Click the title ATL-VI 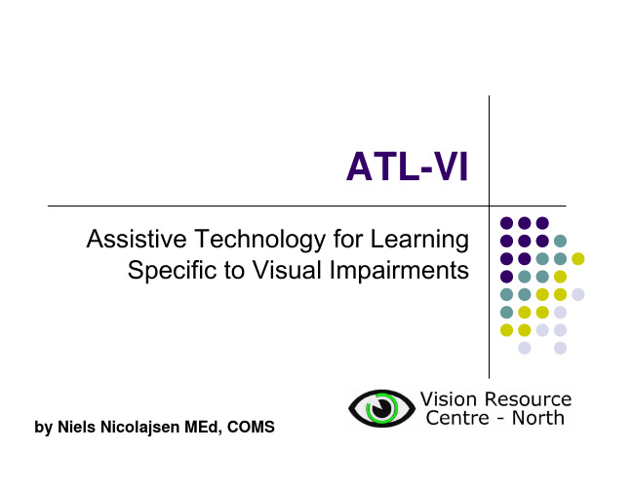[407, 167]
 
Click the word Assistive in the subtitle [137, 239]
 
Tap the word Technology [260, 240]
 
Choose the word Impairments [399, 271]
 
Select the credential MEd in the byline [203, 428]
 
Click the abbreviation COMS [251, 427]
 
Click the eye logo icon [381, 408]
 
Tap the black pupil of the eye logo [381, 408]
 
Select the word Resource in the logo [528, 399]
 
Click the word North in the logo [538, 418]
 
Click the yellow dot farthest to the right [578, 258]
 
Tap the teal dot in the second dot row [560, 241]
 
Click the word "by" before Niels [43, 428]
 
